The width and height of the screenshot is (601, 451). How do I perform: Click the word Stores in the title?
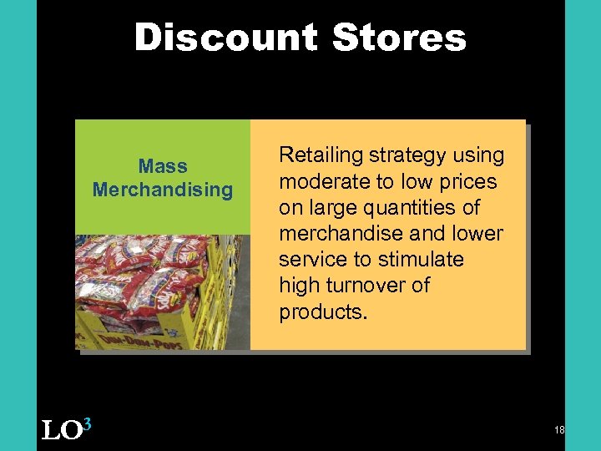(x=399, y=38)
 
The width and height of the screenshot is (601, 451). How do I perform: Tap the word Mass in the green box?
(x=163, y=166)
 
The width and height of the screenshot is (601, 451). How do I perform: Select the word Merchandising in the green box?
(x=163, y=190)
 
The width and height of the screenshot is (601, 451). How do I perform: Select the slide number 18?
(x=559, y=429)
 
